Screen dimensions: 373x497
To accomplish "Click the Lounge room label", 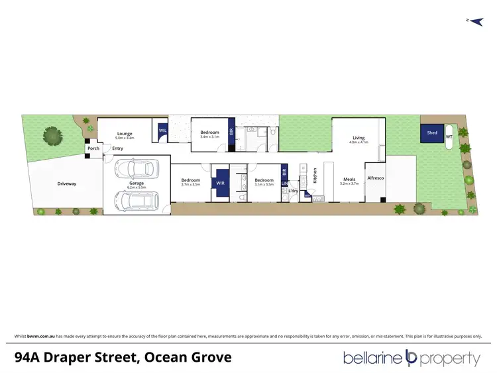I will (x=125, y=133).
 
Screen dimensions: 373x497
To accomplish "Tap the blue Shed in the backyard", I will (x=432, y=133).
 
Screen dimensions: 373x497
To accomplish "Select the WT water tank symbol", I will (x=449, y=137).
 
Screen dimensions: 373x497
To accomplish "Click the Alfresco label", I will (x=375, y=179).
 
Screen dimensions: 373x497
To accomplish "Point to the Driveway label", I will (x=67, y=184).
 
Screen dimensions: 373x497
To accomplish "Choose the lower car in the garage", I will (x=137, y=199).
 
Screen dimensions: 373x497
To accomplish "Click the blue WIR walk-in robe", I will (x=221, y=184).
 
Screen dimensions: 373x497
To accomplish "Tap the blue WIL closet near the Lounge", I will (x=162, y=131).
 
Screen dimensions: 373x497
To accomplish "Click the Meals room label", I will (x=349, y=179).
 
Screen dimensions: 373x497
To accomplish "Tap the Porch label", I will (x=93, y=148).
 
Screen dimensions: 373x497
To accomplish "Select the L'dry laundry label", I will (x=292, y=191).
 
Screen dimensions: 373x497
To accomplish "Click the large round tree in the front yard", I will (x=52, y=136).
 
